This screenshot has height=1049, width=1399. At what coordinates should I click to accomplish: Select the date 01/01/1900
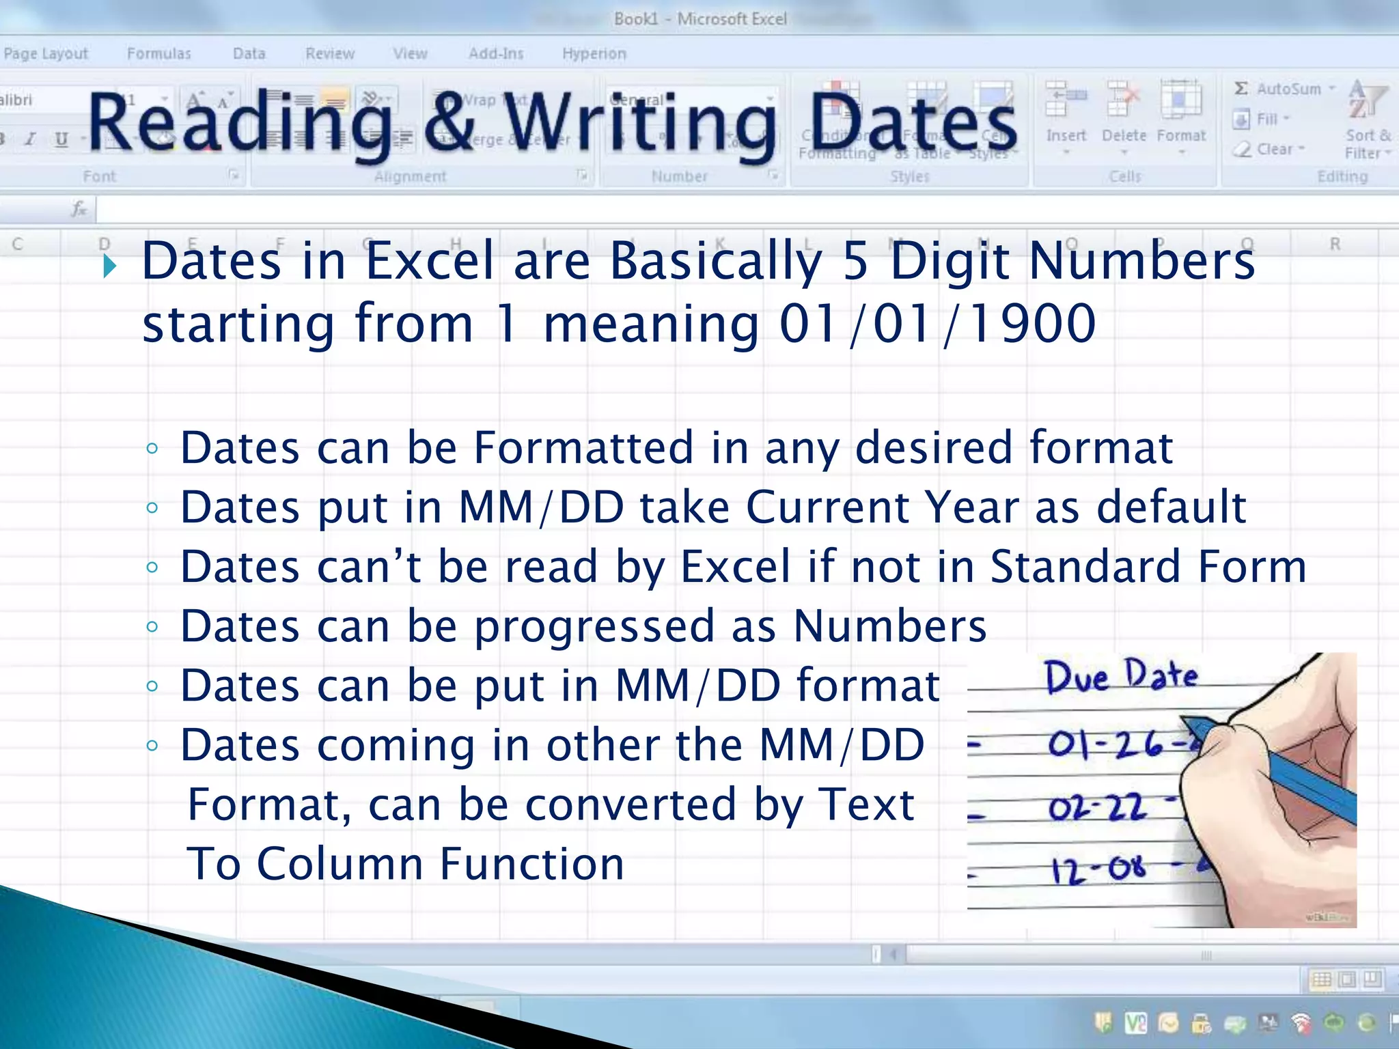938,324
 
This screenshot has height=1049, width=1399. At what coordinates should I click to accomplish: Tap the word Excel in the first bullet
430,262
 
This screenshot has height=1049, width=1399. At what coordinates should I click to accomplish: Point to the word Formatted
585,448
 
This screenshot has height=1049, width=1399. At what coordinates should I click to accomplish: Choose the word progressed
594,627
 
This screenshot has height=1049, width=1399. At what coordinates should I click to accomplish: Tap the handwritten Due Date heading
1121,677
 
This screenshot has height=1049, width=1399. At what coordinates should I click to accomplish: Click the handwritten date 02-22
1097,809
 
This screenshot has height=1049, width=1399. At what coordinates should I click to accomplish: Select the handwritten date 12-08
1098,869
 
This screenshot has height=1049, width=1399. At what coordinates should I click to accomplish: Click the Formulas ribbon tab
159,53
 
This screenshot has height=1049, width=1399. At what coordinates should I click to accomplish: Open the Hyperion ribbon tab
594,53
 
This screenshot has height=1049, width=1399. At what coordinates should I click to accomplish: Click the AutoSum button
1283,89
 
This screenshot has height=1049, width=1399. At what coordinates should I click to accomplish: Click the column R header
1335,244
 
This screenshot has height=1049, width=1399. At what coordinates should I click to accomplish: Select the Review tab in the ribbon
330,53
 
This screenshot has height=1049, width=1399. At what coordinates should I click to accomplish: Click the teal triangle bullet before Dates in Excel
109,266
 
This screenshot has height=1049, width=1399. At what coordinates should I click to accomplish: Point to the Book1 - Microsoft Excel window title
700,18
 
